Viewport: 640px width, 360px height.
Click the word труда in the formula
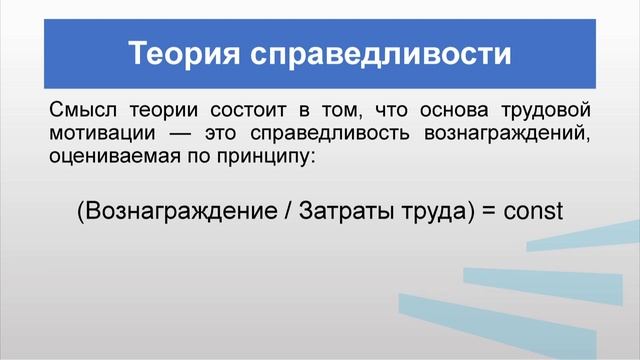click(438, 213)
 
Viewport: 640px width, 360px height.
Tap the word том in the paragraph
click(350, 109)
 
